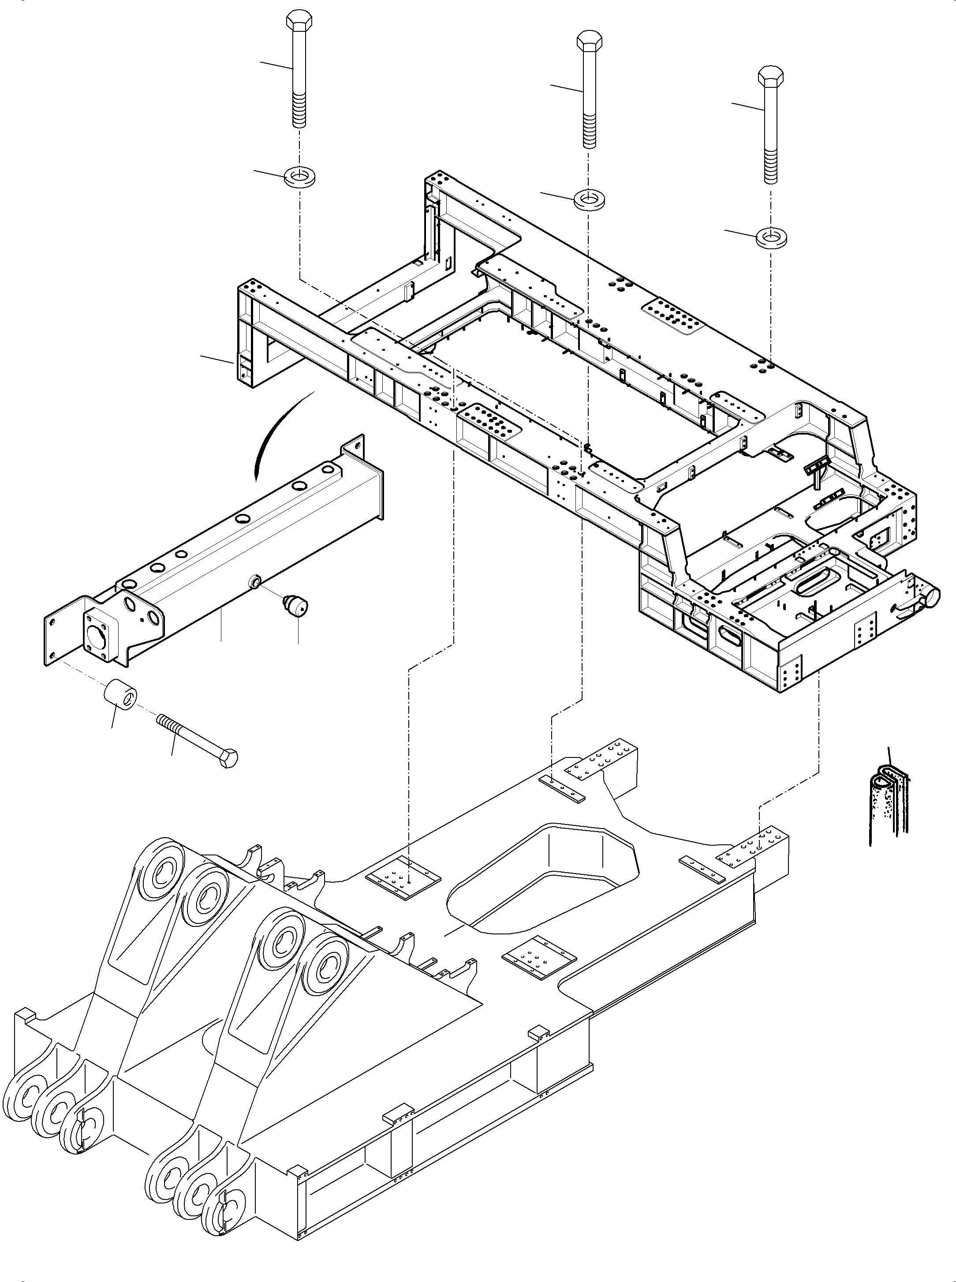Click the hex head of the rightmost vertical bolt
[771, 76]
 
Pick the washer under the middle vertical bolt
[589, 200]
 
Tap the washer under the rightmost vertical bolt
[770, 237]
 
